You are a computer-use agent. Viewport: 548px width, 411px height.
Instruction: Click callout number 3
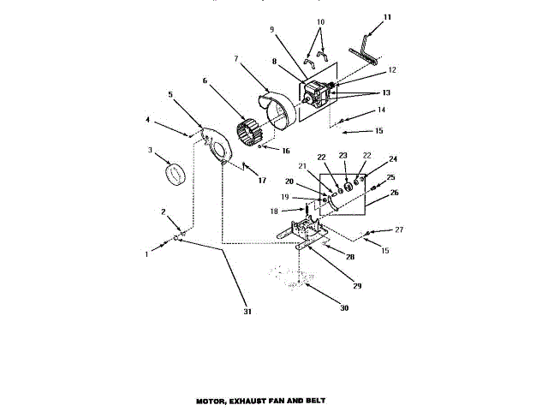[x=151, y=151]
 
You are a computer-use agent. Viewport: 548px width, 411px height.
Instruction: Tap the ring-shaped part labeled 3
[x=176, y=173]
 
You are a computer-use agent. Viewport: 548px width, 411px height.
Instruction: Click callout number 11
[x=387, y=16]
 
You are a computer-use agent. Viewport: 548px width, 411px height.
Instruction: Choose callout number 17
[x=262, y=181]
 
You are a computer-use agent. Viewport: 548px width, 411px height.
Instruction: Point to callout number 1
[x=146, y=254]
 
